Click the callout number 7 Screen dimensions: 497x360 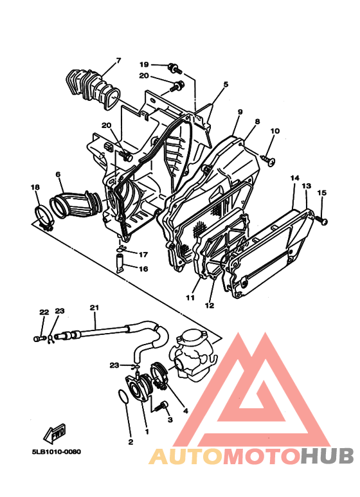click(118, 62)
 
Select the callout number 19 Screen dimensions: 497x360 click(144, 64)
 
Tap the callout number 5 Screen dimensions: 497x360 click(226, 84)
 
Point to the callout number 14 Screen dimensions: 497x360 click(294, 177)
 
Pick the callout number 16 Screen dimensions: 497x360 click(143, 269)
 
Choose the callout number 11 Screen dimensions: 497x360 click(190, 298)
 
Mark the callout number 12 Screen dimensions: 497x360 click(209, 304)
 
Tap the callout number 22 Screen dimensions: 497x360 click(44, 312)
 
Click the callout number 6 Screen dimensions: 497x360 click(58, 175)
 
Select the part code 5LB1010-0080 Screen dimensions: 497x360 click(57, 451)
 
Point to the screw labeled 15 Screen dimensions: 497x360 click(321, 221)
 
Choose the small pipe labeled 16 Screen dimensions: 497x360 click(120, 264)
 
